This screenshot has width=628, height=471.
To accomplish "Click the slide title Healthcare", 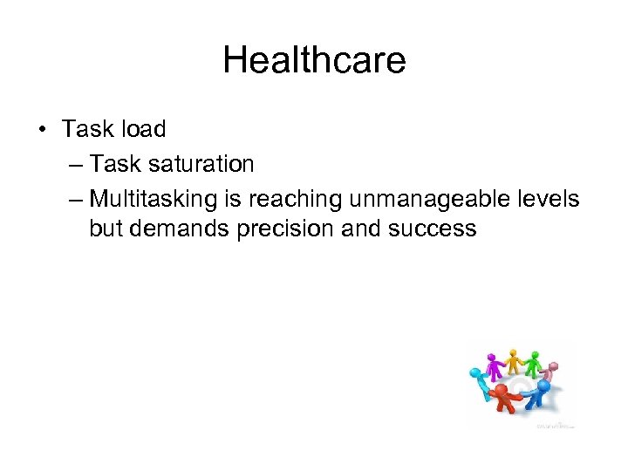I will pyautogui.click(x=314, y=60).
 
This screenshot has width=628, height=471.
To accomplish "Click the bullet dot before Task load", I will pyautogui.click(x=42, y=129).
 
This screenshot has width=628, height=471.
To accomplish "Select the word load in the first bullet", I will pyautogui.click(x=143, y=128).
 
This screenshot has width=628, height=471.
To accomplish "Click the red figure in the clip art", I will pyautogui.click(x=503, y=398).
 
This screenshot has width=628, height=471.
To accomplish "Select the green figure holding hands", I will pyautogui.click(x=534, y=366).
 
